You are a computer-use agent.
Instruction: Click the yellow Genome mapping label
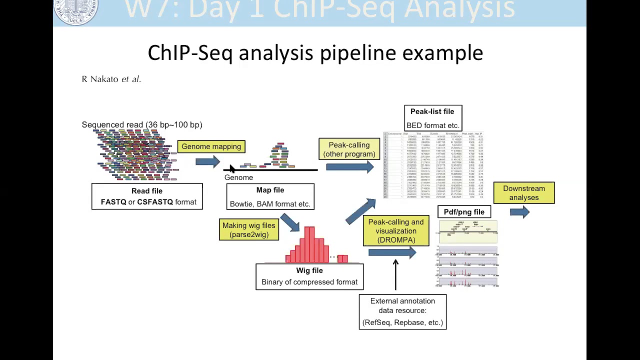tap(211, 146)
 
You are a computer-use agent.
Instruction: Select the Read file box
tap(147, 196)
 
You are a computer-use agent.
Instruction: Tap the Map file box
tap(270, 196)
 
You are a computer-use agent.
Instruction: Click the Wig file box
tap(309, 276)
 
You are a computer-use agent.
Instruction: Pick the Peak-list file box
tap(432, 118)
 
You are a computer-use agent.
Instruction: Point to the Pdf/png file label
tap(464, 212)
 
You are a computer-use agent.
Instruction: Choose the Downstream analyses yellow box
tap(524, 193)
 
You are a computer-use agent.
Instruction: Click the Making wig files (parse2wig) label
tap(248, 230)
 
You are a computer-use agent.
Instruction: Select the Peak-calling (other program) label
tap(349, 149)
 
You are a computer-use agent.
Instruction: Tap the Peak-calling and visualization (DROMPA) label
tap(396, 231)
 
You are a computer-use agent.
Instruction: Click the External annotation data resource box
tap(402, 311)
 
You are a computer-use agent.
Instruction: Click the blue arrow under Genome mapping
tap(207, 161)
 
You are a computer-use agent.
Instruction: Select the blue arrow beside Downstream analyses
tap(519, 212)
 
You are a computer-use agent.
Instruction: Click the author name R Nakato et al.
tap(111, 79)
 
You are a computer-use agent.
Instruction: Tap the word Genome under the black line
tap(238, 177)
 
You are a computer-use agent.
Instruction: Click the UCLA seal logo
tap(76, 11)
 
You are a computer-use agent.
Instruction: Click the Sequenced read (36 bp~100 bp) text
tap(142, 124)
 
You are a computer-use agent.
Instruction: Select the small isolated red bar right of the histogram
tap(342, 258)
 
